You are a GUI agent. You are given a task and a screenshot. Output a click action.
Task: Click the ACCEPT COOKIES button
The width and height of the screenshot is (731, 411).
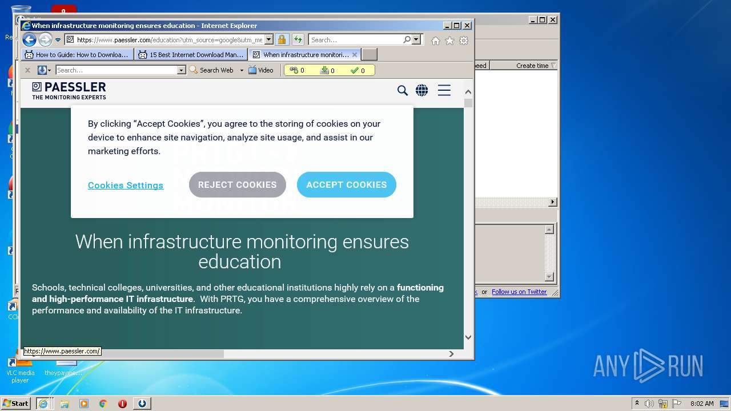click(x=346, y=185)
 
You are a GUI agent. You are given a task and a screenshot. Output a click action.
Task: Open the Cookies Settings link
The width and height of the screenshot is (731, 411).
click(x=126, y=186)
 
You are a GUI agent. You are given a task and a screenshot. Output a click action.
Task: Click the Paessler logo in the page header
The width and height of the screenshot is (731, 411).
click(x=69, y=90)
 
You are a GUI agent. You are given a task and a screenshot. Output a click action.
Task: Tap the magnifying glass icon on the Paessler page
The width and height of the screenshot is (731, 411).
click(x=403, y=90)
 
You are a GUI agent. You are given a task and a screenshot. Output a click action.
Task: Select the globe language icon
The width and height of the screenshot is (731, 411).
click(x=421, y=90)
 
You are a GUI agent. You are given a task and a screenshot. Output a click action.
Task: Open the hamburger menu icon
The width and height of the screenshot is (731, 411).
click(x=444, y=90)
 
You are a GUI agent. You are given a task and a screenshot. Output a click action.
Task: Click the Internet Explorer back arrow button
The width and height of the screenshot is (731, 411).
click(x=29, y=40)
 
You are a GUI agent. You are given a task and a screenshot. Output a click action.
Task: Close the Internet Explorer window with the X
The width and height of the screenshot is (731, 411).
click(x=467, y=26)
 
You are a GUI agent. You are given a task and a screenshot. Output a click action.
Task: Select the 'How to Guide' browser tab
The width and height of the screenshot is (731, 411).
click(x=77, y=55)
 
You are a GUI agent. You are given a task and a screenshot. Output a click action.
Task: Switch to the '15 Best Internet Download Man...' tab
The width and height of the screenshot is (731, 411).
click(x=191, y=55)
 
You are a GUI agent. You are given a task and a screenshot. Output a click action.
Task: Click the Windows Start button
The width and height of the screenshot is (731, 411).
click(x=15, y=404)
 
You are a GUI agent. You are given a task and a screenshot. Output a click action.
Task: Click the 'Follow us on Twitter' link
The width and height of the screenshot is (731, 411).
click(x=519, y=292)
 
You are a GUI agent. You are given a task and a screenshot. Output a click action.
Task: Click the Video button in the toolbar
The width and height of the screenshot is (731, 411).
click(x=261, y=70)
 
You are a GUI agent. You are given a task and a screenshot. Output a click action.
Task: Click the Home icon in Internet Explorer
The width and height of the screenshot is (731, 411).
click(x=436, y=41)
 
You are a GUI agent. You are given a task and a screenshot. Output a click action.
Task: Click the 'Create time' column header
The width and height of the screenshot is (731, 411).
click(x=532, y=66)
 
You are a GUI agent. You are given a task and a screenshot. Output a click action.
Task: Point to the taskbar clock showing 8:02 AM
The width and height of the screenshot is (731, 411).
click(x=702, y=404)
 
